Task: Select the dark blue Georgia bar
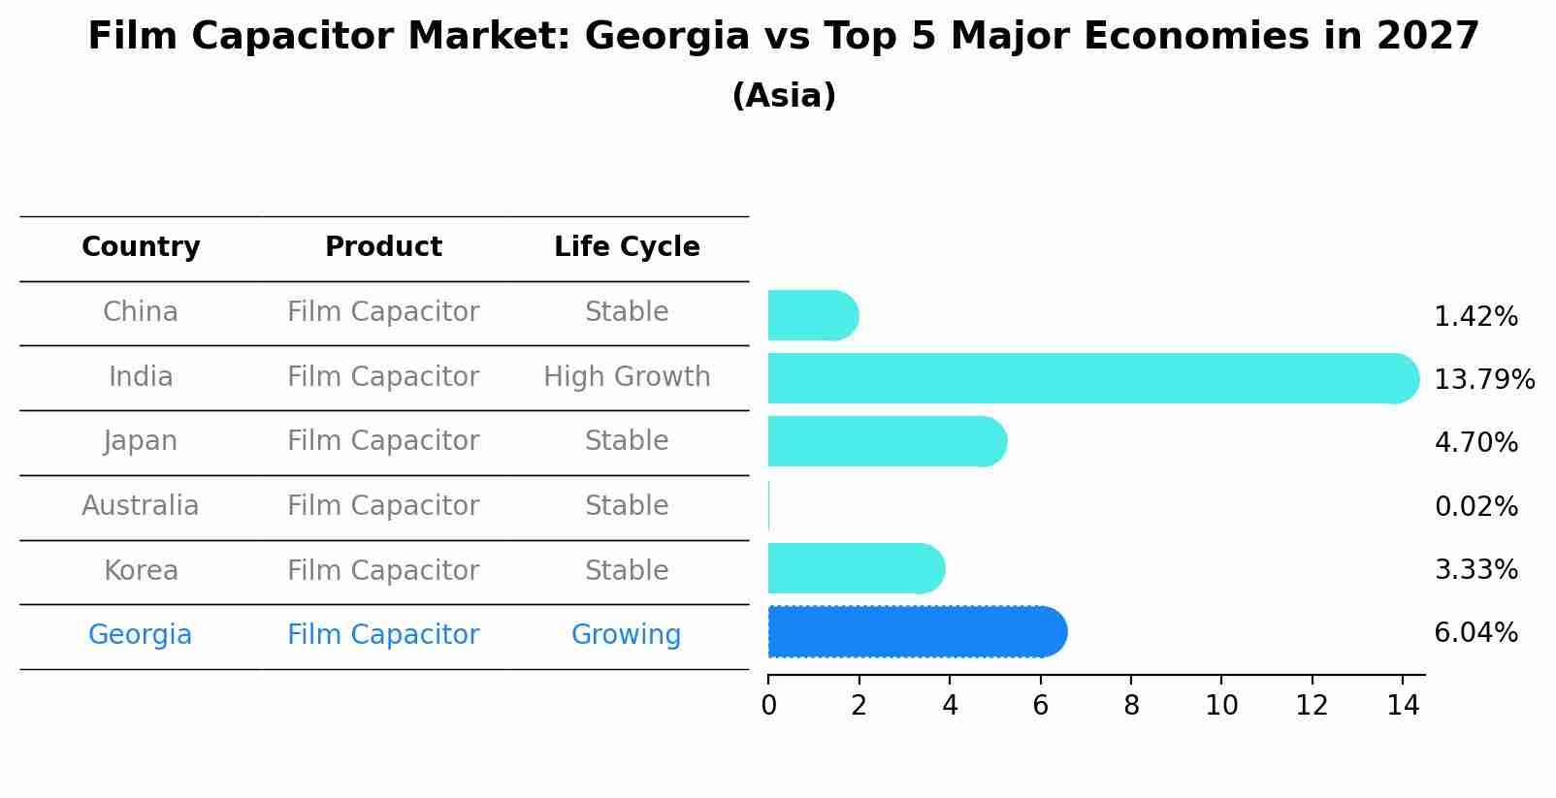tap(917, 632)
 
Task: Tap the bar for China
tap(812, 315)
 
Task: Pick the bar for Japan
tap(887, 441)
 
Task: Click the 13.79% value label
tap(1483, 380)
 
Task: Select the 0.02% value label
tap(1475, 506)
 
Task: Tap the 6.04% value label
tap(1475, 633)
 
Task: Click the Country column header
tap(141, 247)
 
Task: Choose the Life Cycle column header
tap(627, 247)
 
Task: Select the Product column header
tap(383, 247)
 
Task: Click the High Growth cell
tap(627, 377)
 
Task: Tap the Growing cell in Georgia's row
tap(626, 635)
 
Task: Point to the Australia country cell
tap(141, 506)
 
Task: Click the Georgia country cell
tap(141, 635)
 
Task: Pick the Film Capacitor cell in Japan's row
tap(383, 441)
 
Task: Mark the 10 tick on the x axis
tap(1221, 706)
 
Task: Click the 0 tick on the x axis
tap(768, 706)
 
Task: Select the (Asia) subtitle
tap(784, 96)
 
